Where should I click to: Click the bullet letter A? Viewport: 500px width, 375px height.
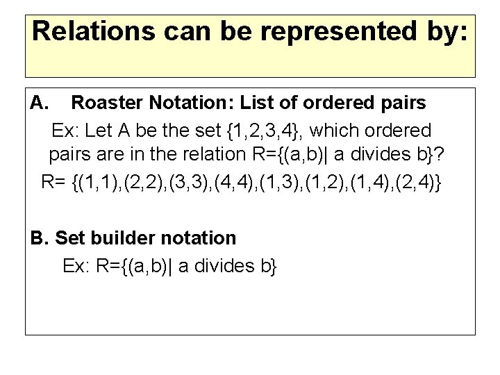(x=39, y=103)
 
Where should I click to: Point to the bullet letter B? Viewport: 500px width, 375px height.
(x=40, y=238)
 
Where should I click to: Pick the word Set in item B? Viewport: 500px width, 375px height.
(x=69, y=238)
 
